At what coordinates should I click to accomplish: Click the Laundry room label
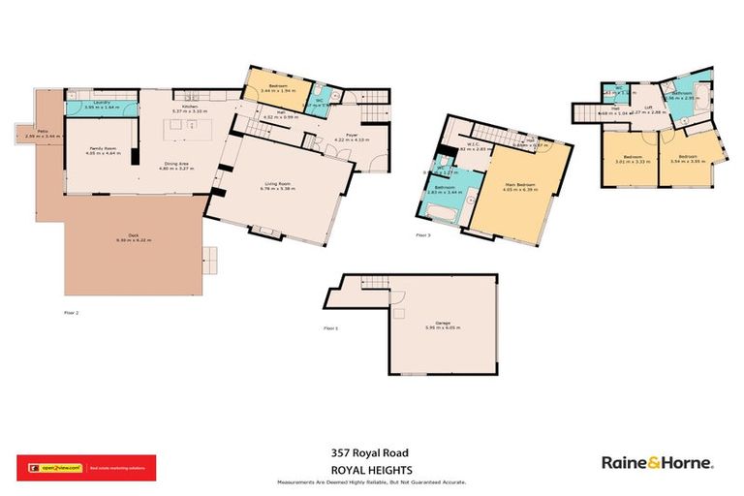(100, 102)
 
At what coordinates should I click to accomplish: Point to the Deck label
(133, 236)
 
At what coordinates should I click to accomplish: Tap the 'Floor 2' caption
(72, 313)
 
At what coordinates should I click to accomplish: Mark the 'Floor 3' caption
(423, 234)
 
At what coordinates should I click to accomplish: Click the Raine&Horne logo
(657, 462)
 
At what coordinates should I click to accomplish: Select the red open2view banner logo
(87, 468)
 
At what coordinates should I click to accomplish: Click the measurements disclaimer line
(371, 481)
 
